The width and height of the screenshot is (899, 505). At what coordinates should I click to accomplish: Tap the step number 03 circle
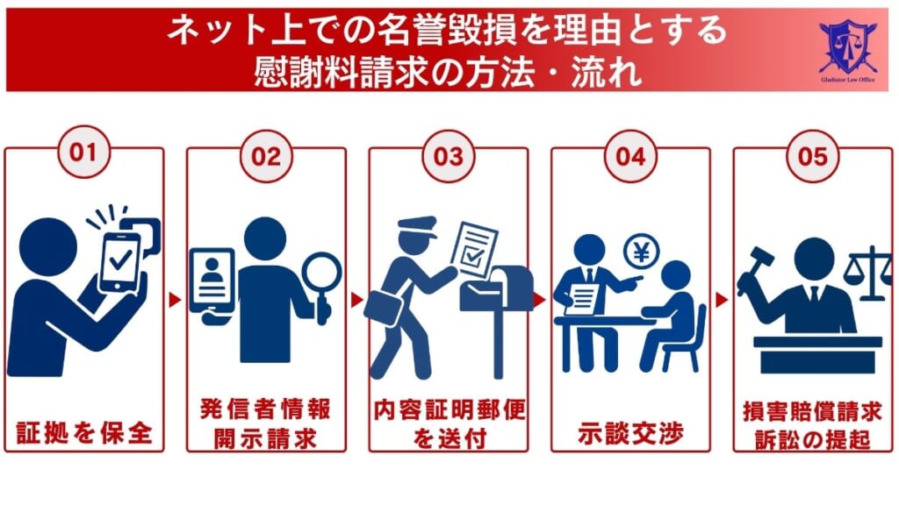(448, 156)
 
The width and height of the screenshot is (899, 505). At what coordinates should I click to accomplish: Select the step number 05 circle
(813, 156)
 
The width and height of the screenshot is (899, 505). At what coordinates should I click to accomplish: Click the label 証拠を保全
(84, 431)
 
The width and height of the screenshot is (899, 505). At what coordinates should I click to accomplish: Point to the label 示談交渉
(630, 432)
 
